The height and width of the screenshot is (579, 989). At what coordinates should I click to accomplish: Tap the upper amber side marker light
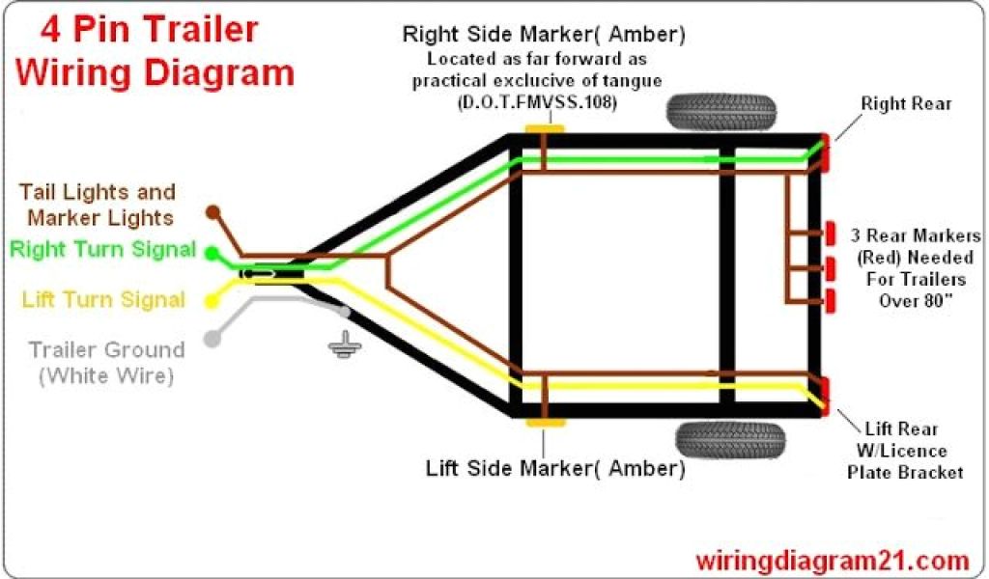(543, 128)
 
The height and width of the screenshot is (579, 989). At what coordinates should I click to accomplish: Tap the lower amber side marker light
(543, 423)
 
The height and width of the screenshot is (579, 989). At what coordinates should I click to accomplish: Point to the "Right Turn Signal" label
(102, 250)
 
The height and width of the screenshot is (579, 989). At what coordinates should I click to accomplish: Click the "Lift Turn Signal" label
(103, 300)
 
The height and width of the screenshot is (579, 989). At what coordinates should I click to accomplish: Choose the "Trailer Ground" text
(106, 350)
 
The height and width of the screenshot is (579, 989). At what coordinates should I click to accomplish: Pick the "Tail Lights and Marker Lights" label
(99, 205)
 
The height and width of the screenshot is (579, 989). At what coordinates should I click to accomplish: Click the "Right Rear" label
(906, 103)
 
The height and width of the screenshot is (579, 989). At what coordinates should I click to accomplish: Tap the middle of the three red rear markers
(830, 266)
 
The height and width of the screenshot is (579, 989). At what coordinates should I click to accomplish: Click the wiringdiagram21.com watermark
(832, 560)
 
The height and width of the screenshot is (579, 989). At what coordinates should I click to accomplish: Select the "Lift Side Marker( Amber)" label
(555, 469)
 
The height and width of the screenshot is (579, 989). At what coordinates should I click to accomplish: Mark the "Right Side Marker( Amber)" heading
(544, 36)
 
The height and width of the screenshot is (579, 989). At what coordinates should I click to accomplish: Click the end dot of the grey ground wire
(211, 339)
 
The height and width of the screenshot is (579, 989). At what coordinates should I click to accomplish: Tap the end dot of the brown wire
(213, 210)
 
